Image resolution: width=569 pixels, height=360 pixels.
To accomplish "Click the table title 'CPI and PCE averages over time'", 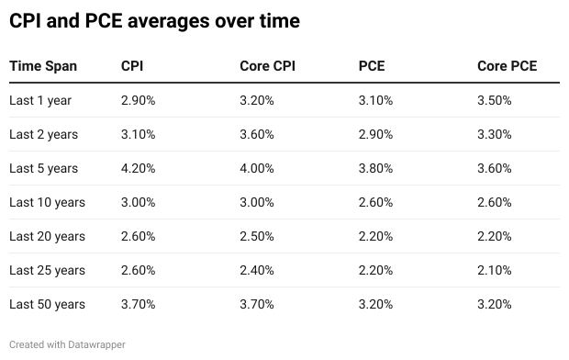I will (154, 20).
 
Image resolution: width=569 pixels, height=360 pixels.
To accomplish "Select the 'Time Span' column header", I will (43, 66).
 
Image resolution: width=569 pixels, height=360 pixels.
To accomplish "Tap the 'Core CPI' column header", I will (267, 66).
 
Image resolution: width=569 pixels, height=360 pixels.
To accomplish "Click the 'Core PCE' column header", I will (507, 66).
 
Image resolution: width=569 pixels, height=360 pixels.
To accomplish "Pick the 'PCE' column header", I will (372, 66).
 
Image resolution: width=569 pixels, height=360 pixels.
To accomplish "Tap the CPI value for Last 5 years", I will (139, 168).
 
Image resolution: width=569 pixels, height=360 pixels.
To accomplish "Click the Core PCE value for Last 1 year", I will (496, 100).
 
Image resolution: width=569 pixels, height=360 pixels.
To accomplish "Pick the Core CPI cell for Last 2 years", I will (258, 134).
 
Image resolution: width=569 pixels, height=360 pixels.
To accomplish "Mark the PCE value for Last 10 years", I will (376, 202).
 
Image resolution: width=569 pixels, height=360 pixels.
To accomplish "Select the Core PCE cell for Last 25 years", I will (496, 270).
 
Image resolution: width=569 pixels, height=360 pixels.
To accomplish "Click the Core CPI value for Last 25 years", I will (258, 270).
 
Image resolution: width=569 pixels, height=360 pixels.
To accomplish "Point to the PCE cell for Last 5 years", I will (376, 168).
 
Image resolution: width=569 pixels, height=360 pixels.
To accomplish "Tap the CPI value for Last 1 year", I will (139, 100).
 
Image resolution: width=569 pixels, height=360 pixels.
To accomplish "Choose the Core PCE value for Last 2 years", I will (496, 134).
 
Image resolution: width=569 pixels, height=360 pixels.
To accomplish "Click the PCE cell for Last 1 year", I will (376, 100).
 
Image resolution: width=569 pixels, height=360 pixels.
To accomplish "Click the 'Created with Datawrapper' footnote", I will (67, 344).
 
